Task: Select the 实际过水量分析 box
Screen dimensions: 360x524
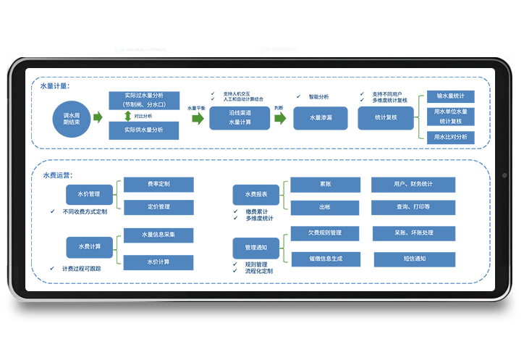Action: click(x=143, y=100)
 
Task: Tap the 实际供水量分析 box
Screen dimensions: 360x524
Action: click(x=143, y=130)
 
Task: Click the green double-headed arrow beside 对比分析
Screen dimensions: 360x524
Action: click(x=127, y=115)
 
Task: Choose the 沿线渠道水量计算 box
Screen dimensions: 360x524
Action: click(x=240, y=118)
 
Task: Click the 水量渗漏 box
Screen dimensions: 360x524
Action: click(x=320, y=118)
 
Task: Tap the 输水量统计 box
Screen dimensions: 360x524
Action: click(x=450, y=96)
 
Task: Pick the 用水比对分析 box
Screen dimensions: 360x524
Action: click(x=450, y=136)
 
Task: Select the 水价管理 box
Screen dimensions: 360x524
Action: click(x=90, y=194)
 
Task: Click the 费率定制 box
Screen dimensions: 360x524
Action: click(x=159, y=185)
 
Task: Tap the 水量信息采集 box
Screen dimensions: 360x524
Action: click(x=159, y=235)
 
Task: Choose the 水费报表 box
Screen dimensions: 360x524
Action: click(x=256, y=194)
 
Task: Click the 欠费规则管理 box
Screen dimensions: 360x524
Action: click(x=324, y=233)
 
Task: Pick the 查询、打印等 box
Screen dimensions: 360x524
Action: click(x=413, y=207)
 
